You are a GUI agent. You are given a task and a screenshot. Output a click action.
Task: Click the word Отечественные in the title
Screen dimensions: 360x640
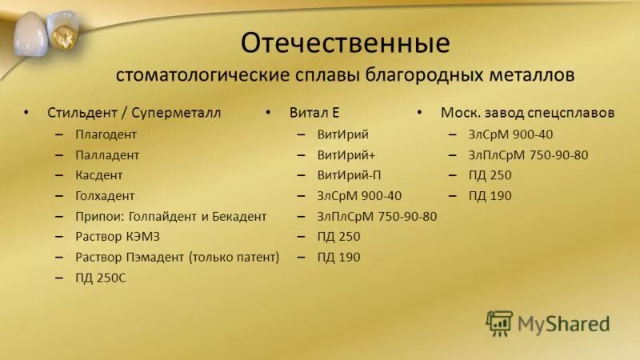(345, 42)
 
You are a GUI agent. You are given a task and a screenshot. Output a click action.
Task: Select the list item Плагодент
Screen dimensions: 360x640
(106, 134)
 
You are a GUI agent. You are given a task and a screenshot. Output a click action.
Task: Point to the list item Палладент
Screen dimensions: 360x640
(107, 154)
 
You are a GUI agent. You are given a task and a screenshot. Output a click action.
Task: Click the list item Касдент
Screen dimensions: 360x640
(99, 175)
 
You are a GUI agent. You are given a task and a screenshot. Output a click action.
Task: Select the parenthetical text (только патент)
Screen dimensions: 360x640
(234, 258)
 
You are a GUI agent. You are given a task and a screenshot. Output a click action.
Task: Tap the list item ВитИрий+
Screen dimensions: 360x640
(346, 154)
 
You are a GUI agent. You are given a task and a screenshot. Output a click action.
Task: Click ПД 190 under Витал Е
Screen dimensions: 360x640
(338, 258)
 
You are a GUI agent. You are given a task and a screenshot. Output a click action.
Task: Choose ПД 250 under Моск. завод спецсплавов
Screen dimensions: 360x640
(490, 175)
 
